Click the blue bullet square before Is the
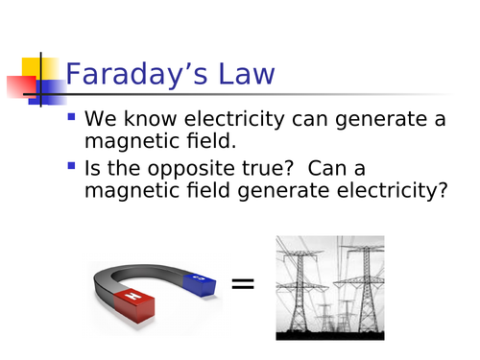[x=72, y=166]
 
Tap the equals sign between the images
[x=244, y=283]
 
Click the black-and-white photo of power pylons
[x=329, y=287]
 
